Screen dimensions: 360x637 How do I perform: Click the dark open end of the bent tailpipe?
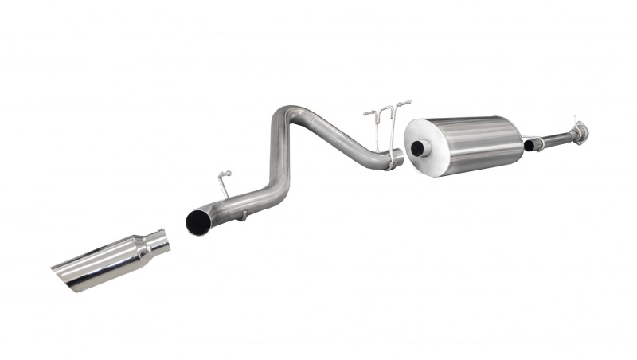coord(196,222)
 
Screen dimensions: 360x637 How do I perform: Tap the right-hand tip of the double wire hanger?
coord(408,102)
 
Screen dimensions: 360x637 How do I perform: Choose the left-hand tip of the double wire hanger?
coord(366,114)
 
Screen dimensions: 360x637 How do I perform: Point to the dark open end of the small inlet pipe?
coord(528,146)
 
